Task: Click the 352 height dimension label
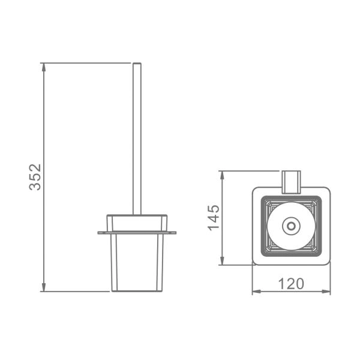click(35, 177)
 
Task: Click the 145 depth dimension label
click(214, 217)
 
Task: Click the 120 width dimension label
click(291, 284)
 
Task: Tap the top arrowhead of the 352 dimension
click(44, 67)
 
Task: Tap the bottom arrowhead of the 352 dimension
click(44, 287)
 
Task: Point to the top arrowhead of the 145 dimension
click(222, 175)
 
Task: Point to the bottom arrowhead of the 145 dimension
click(222, 260)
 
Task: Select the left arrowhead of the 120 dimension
click(257, 292)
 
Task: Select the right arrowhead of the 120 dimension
click(326, 292)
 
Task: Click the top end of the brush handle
click(137, 63)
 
